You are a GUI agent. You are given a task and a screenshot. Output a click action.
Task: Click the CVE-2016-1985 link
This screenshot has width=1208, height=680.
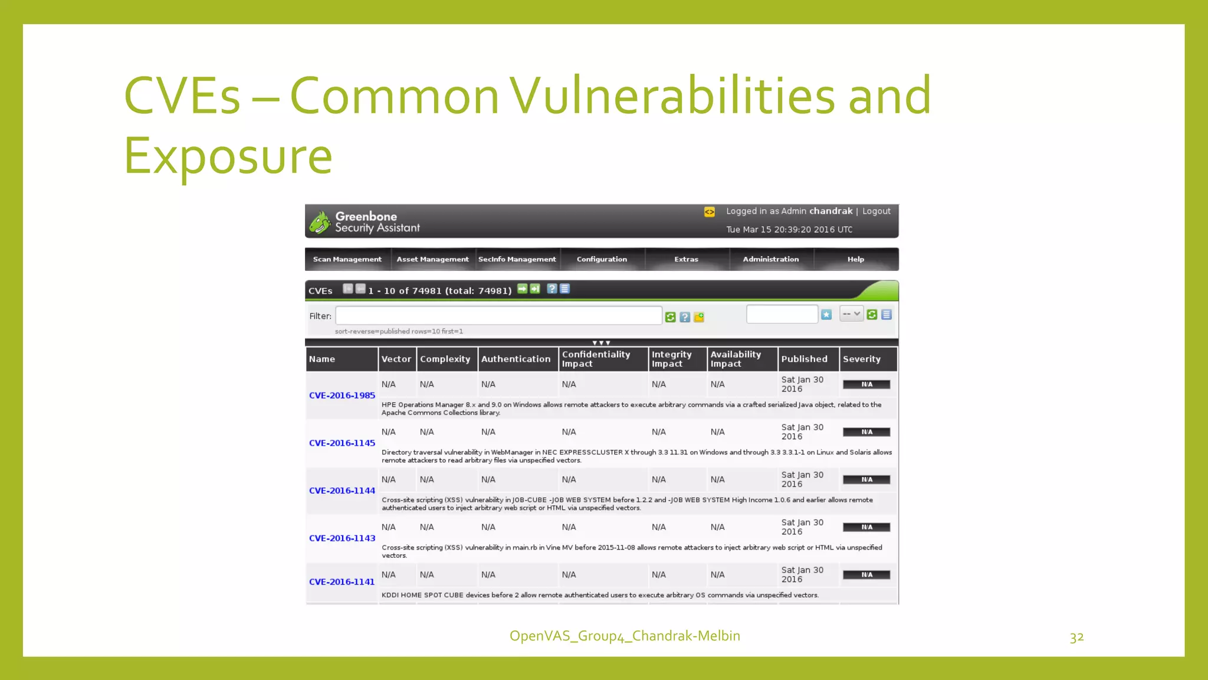342,395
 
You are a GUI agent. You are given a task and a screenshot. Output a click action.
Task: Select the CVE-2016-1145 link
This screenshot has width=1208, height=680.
342,443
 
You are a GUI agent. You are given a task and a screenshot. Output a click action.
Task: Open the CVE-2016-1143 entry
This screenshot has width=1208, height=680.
342,538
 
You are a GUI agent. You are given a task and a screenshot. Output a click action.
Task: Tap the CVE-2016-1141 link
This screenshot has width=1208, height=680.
342,582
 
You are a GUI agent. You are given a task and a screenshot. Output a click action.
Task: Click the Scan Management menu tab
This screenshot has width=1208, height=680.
347,259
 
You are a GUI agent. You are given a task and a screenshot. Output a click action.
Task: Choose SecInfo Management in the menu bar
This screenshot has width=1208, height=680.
517,259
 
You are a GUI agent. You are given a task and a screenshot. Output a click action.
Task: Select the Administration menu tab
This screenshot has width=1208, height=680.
770,259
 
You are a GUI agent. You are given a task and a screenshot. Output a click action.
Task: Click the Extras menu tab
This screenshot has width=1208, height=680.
686,259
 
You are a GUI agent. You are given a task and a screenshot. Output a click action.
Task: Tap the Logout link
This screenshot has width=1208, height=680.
876,211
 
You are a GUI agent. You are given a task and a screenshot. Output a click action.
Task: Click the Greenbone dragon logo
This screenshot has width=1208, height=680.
320,223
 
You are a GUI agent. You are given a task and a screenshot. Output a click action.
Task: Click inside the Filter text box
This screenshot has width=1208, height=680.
498,316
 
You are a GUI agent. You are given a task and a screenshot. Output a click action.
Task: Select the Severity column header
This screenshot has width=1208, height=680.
861,359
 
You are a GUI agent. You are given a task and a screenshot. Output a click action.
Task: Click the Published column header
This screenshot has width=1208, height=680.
804,359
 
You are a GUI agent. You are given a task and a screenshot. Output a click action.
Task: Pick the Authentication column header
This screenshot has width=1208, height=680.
516,359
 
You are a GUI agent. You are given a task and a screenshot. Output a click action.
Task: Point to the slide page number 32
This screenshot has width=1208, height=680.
1076,637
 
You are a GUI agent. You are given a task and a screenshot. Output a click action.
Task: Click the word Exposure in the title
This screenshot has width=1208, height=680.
228,156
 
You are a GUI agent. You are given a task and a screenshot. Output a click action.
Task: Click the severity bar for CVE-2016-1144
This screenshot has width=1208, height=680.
866,480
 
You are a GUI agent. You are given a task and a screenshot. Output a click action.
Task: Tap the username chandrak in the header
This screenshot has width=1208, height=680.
830,211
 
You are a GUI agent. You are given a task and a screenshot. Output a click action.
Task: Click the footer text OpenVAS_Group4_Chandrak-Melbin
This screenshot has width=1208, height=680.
625,636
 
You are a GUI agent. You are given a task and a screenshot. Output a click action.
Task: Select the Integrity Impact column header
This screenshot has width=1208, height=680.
671,359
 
